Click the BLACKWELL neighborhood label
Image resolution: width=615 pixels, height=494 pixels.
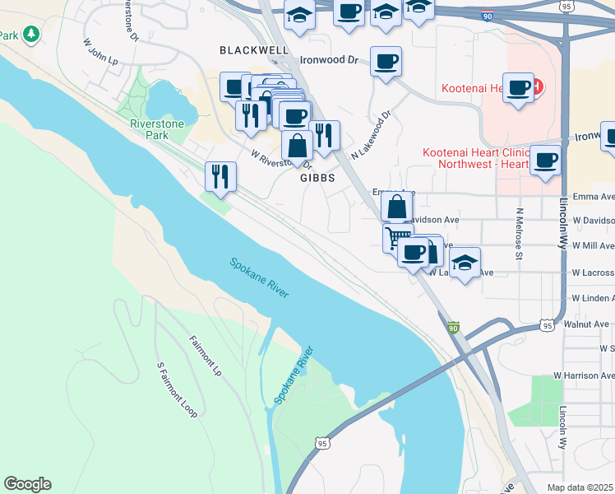[x=254, y=50]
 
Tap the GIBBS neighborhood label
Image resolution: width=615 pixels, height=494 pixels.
[x=318, y=177]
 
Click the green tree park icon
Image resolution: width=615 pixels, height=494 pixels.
[x=31, y=34]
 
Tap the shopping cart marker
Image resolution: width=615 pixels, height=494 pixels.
[x=397, y=238]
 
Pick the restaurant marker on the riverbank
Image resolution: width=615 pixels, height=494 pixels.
[x=220, y=176]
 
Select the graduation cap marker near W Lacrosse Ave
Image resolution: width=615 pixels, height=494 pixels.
[x=465, y=263]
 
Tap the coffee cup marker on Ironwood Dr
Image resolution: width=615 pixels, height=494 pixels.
[x=386, y=61]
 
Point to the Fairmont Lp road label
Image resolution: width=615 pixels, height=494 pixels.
[x=206, y=356]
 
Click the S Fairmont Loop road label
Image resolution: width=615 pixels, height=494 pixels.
[x=176, y=389]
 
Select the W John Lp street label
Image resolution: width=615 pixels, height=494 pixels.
[x=100, y=58]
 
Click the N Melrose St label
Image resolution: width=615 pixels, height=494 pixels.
[x=520, y=233]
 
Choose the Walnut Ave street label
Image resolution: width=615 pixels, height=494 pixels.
[x=590, y=324]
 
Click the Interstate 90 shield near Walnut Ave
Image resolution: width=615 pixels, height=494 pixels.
[x=454, y=328]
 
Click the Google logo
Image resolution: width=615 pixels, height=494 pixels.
[x=27, y=484]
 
